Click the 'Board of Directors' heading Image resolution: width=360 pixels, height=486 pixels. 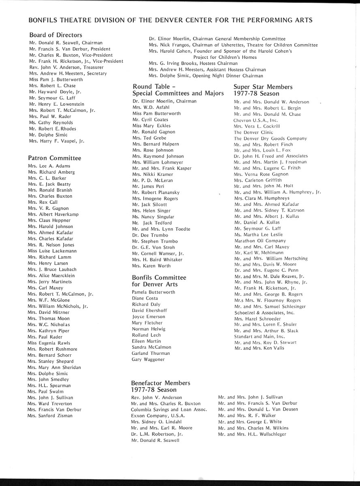(x=56, y=35)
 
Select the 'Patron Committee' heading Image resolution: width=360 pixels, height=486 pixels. (x=54, y=158)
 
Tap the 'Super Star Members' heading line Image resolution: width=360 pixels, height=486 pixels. (x=263, y=87)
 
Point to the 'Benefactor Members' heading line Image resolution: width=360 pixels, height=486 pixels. (x=161, y=383)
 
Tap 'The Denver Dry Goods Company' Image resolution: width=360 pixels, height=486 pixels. (x=270, y=138)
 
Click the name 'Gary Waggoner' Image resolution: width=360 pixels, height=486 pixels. (x=148, y=359)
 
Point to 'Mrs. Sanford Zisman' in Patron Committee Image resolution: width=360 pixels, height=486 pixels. (x=50, y=416)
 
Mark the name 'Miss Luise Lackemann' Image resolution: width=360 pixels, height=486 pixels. (x=52, y=251)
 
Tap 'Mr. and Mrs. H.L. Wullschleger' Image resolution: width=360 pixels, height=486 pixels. (x=252, y=434)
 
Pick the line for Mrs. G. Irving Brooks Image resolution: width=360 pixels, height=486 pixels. (x=193, y=63)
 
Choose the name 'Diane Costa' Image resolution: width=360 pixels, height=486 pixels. (x=145, y=298)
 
